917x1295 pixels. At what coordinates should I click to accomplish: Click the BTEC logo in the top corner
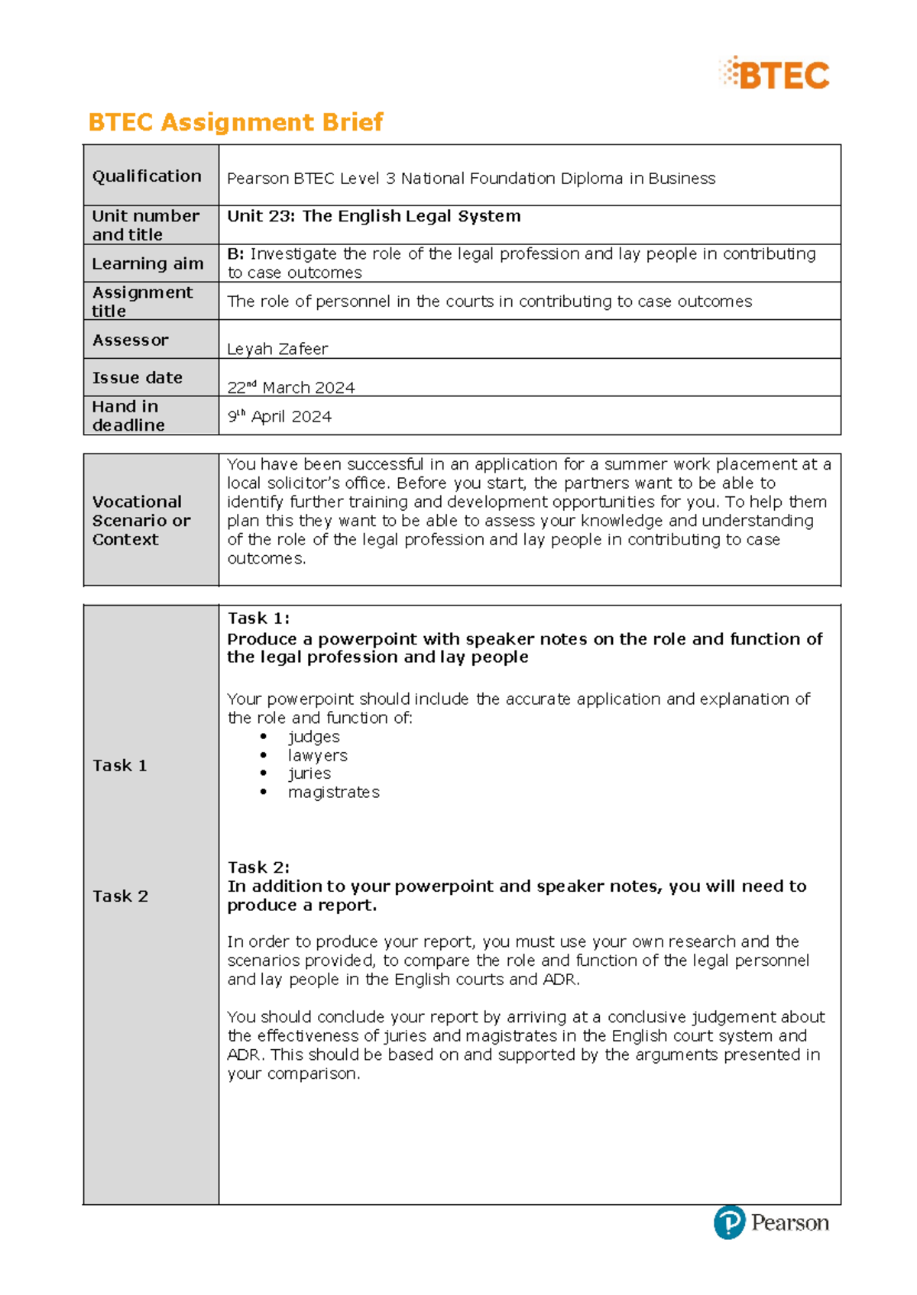(x=774, y=75)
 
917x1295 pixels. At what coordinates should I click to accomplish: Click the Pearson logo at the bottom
(x=771, y=1222)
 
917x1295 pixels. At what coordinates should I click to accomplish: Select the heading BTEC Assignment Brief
(x=235, y=122)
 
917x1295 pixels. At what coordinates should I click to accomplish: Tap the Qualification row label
(x=147, y=176)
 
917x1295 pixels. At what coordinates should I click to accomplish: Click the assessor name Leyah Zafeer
(x=277, y=349)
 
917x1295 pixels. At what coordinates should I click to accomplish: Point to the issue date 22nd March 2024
(x=291, y=387)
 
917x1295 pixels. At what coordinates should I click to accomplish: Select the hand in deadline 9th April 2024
(x=280, y=417)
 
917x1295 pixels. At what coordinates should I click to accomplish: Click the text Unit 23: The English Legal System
(x=374, y=216)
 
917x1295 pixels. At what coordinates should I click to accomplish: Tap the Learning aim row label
(x=147, y=263)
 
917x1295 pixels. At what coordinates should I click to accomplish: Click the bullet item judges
(x=313, y=737)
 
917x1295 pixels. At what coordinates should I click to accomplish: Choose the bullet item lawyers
(x=317, y=755)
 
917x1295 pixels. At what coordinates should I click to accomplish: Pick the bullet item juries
(x=309, y=773)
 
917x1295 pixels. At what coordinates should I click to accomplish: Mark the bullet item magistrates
(x=333, y=793)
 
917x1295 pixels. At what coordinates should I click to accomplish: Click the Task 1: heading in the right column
(x=258, y=618)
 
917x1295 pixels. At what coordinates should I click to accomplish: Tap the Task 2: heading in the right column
(x=258, y=867)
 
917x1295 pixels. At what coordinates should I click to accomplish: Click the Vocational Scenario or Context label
(x=141, y=521)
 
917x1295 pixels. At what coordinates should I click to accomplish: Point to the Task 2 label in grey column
(x=120, y=896)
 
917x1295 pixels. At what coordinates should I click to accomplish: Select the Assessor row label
(x=130, y=341)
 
